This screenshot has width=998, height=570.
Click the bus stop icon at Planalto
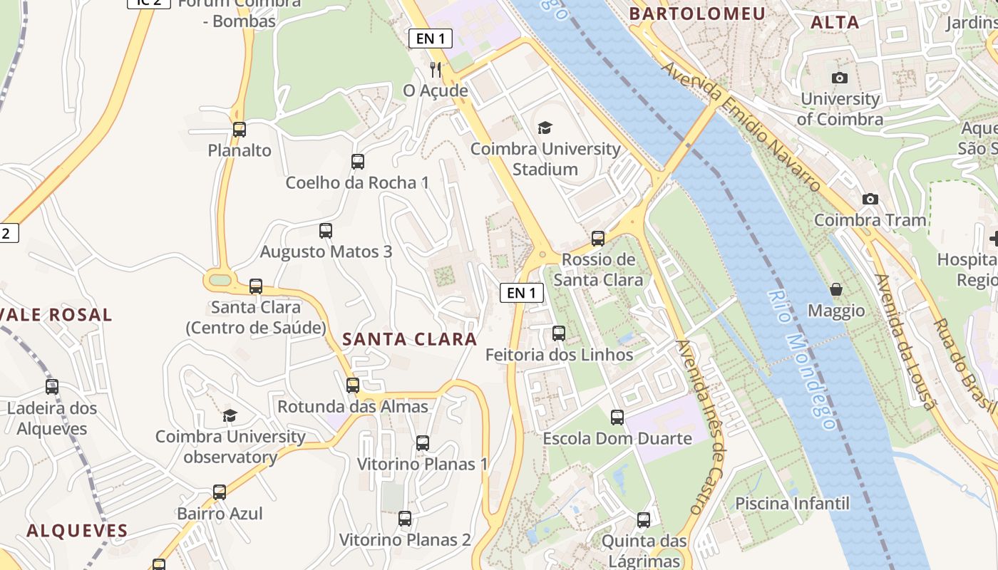pyautogui.click(x=240, y=130)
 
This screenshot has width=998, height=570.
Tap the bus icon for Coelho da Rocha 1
pyautogui.click(x=358, y=162)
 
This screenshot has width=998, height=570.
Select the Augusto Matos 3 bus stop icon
pyautogui.click(x=326, y=231)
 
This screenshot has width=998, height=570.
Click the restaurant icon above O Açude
pyautogui.click(x=436, y=70)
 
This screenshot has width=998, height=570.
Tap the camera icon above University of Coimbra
pyautogui.click(x=840, y=78)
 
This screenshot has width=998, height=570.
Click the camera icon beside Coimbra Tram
pyautogui.click(x=870, y=199)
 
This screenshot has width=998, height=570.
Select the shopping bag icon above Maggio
pyautogui.click(x=836, y=289)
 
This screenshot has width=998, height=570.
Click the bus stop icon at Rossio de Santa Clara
pyautogui.click(x=598, y=239)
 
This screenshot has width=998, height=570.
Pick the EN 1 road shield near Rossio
pyautogui.click(x=522, y=292)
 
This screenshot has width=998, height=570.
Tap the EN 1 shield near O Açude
pyautogui.click(x=431, y=38)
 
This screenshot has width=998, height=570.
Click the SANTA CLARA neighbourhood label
pyautogui.click(x=409, y=339)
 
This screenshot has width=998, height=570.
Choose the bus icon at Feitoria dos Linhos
pyautogui.click(x=559, y=333)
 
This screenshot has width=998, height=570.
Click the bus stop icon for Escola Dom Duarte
pyautogui.click(x=617, y=418)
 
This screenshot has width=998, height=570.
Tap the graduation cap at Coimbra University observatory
pyautogui.click(x=230, y=415)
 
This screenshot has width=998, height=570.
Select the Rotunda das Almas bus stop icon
pyautogui.click(x=353, y=385)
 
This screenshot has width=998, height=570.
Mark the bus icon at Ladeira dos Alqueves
pyautogui.click(x=52, y=387)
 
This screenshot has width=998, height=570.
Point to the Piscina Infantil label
pyautogui.click(x=792, y=504)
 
